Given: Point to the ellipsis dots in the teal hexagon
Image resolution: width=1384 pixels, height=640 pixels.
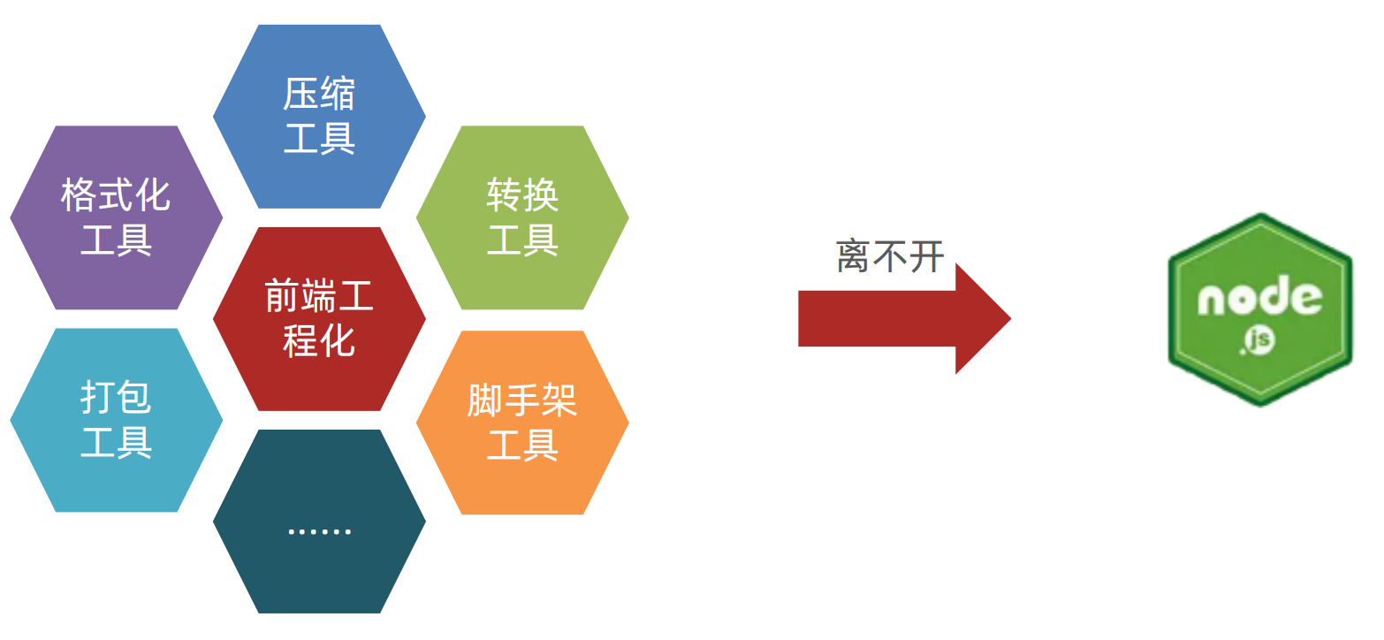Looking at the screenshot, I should pos(319,531).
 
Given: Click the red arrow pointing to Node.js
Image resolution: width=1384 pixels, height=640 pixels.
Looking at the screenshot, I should pos(884,318).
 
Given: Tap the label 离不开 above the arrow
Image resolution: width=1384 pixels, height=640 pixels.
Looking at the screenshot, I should pos(890,257).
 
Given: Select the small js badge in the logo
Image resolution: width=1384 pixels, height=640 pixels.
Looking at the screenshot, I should pos(1259,340).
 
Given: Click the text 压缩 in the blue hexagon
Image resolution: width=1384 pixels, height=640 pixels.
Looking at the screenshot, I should pos(319,95).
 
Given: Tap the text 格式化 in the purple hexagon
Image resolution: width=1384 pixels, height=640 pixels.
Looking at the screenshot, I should pos(116,195).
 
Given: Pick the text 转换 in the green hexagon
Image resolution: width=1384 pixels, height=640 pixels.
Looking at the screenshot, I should pos(522,195).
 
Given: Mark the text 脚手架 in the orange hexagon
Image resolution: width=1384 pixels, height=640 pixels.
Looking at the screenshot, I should pos(522,401).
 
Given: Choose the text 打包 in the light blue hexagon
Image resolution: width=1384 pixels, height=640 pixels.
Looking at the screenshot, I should pos(116,398).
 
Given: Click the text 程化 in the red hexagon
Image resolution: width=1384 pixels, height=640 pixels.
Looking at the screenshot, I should pos(319,341).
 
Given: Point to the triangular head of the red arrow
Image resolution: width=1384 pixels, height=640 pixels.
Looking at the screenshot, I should pos(981,318).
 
